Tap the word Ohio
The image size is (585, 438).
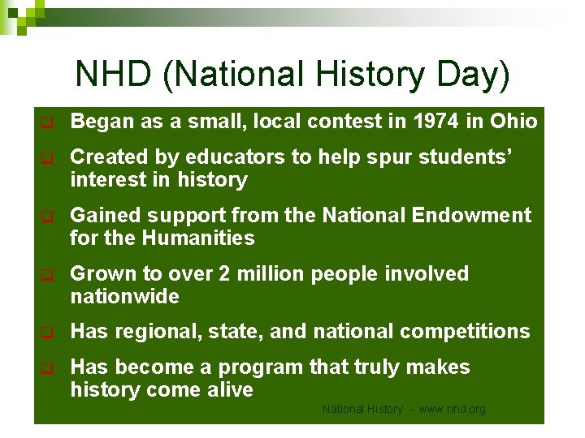click(513, 122)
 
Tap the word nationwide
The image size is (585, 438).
click(124, 297)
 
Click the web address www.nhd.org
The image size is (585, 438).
click(452, 410)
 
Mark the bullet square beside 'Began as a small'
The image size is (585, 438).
click(47, 123)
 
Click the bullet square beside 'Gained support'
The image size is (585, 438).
click(47, 217)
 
